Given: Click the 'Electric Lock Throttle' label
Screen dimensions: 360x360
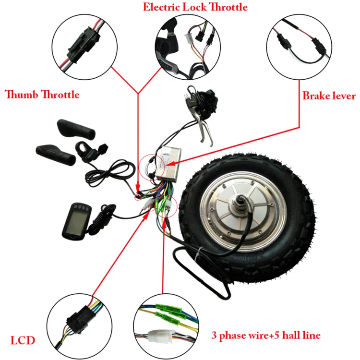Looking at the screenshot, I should click(195, 7).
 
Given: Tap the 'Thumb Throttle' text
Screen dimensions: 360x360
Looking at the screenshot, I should click(42, 94).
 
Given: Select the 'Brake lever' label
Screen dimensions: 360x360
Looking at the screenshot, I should click(329, 96).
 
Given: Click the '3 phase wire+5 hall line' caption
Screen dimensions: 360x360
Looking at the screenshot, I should click(266, 335).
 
